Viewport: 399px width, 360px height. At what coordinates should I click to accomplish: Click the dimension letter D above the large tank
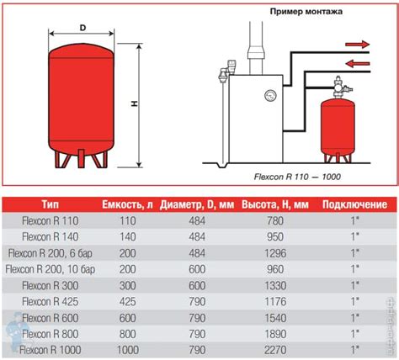click(82, 28)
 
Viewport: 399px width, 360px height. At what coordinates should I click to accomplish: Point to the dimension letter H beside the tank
click(135, 103)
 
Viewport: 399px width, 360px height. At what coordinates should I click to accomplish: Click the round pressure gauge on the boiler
click(270, 96)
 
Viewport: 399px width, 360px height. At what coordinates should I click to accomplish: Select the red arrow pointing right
click(357, 45)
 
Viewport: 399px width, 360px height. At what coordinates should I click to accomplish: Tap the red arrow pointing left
click(358, 63)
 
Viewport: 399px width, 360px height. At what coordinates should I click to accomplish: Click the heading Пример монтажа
click(306, 12)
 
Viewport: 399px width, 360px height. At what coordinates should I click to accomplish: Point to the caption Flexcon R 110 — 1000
click(297, 177)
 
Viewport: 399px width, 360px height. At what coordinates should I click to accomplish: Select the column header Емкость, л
click(127, 204)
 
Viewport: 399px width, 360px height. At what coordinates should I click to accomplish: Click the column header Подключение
click(354, 204)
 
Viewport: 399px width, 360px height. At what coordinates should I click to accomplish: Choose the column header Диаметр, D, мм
click(197, 204)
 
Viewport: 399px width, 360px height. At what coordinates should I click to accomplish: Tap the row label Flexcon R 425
click(51, 302)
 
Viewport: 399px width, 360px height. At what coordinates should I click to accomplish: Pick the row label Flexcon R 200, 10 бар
click(51, 269)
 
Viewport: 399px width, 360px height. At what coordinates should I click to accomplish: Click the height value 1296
click(275, 253)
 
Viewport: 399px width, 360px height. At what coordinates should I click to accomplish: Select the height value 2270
click(275, 350)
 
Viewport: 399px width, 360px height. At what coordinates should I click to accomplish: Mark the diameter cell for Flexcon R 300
click(197, 286)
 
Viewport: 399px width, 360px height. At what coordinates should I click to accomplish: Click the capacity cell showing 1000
click(128, 350)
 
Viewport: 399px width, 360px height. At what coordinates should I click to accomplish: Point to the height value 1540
click(275, 318)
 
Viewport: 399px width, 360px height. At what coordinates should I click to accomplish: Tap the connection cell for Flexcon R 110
click(355, 220)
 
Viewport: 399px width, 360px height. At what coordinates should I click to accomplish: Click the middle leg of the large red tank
click(81, 158)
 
